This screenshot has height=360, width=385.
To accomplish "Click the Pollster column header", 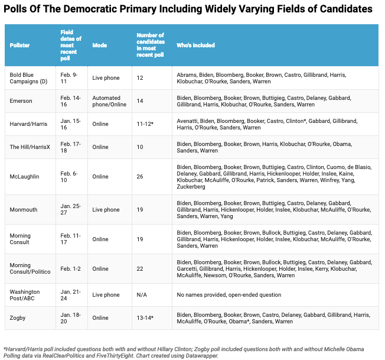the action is click(x=19, y=45).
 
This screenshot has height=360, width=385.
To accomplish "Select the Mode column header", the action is click(x=99, y=45).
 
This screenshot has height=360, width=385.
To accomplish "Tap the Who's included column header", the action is click(x=195, y=45).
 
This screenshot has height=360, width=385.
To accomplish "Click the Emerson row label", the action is click(x=21, y=100).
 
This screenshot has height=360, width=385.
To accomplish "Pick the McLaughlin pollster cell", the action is click(x=24, y=176).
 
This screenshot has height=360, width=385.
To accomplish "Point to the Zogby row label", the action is click(x=18, y=317).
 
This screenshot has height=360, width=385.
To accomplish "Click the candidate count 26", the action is click(x=140, y=176).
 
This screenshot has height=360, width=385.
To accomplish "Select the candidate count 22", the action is click(x=140, y=268).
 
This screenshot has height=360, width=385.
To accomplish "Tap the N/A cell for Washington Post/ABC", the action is click(x=142, y=294).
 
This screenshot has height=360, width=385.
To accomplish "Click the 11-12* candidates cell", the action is click(x=145, y=124).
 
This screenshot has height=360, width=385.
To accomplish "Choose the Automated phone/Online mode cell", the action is click(x=109, y=101).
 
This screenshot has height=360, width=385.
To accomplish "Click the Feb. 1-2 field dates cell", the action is click(x=70, y=268).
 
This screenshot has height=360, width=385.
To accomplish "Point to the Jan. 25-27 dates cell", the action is click(x=70, y=209).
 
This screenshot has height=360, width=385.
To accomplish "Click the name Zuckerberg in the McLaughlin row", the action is click(x=191, y=187).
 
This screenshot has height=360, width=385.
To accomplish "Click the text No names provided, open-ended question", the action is click(x=229, y=294).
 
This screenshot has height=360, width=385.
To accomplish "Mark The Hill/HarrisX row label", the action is click(x=30, y=147).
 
